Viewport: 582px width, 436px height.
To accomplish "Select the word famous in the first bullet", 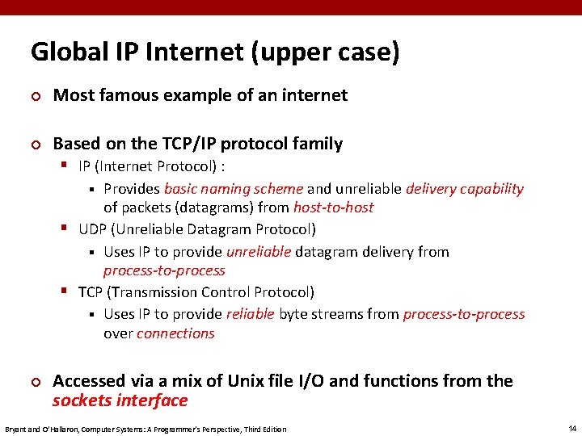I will coord(130,95).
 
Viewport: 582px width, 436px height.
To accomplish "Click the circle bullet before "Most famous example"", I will coord(35,96).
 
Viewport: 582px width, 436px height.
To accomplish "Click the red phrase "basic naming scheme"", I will coord(234,189).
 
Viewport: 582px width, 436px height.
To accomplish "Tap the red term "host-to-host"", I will coord(333,208).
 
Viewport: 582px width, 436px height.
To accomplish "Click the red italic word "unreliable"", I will coord(259,252).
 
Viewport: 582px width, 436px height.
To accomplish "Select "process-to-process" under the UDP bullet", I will coord(164,270).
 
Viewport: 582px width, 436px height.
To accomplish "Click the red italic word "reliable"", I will coord(251,314).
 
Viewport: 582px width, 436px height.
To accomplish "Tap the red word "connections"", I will coord(175,333).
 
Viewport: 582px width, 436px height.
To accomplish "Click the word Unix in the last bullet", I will coord(267,381).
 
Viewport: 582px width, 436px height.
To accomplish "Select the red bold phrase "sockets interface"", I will coord(120,400).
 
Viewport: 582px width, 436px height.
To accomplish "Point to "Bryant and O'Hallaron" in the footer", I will coord(38,429).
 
